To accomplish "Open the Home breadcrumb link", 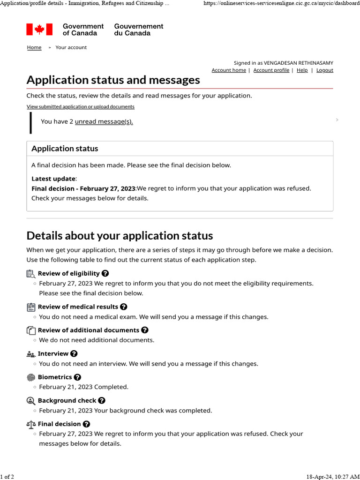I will pos(34,47).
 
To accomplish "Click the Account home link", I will pos(229,70).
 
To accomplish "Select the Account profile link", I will pos(271,70).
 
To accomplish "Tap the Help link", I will pos(302,70).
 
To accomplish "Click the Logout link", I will pos(325,70).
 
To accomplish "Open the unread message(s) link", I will pos(104,121).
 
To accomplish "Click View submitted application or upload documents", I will pos(81,107).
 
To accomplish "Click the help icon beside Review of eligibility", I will pos(105,273).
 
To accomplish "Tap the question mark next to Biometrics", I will pos(78,377).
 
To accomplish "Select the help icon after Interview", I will pos(74,353).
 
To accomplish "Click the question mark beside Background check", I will pos(102,400).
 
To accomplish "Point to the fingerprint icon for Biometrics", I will pos(31,377).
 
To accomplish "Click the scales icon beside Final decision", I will pos(31,424).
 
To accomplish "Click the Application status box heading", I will pos(65,149).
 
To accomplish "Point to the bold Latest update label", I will pos(53,179).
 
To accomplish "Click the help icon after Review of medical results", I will pos(124,307).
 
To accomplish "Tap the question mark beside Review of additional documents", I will pos(145,330).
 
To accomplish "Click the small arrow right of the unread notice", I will pos(337,120).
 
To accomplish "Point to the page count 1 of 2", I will pos(7,477).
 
